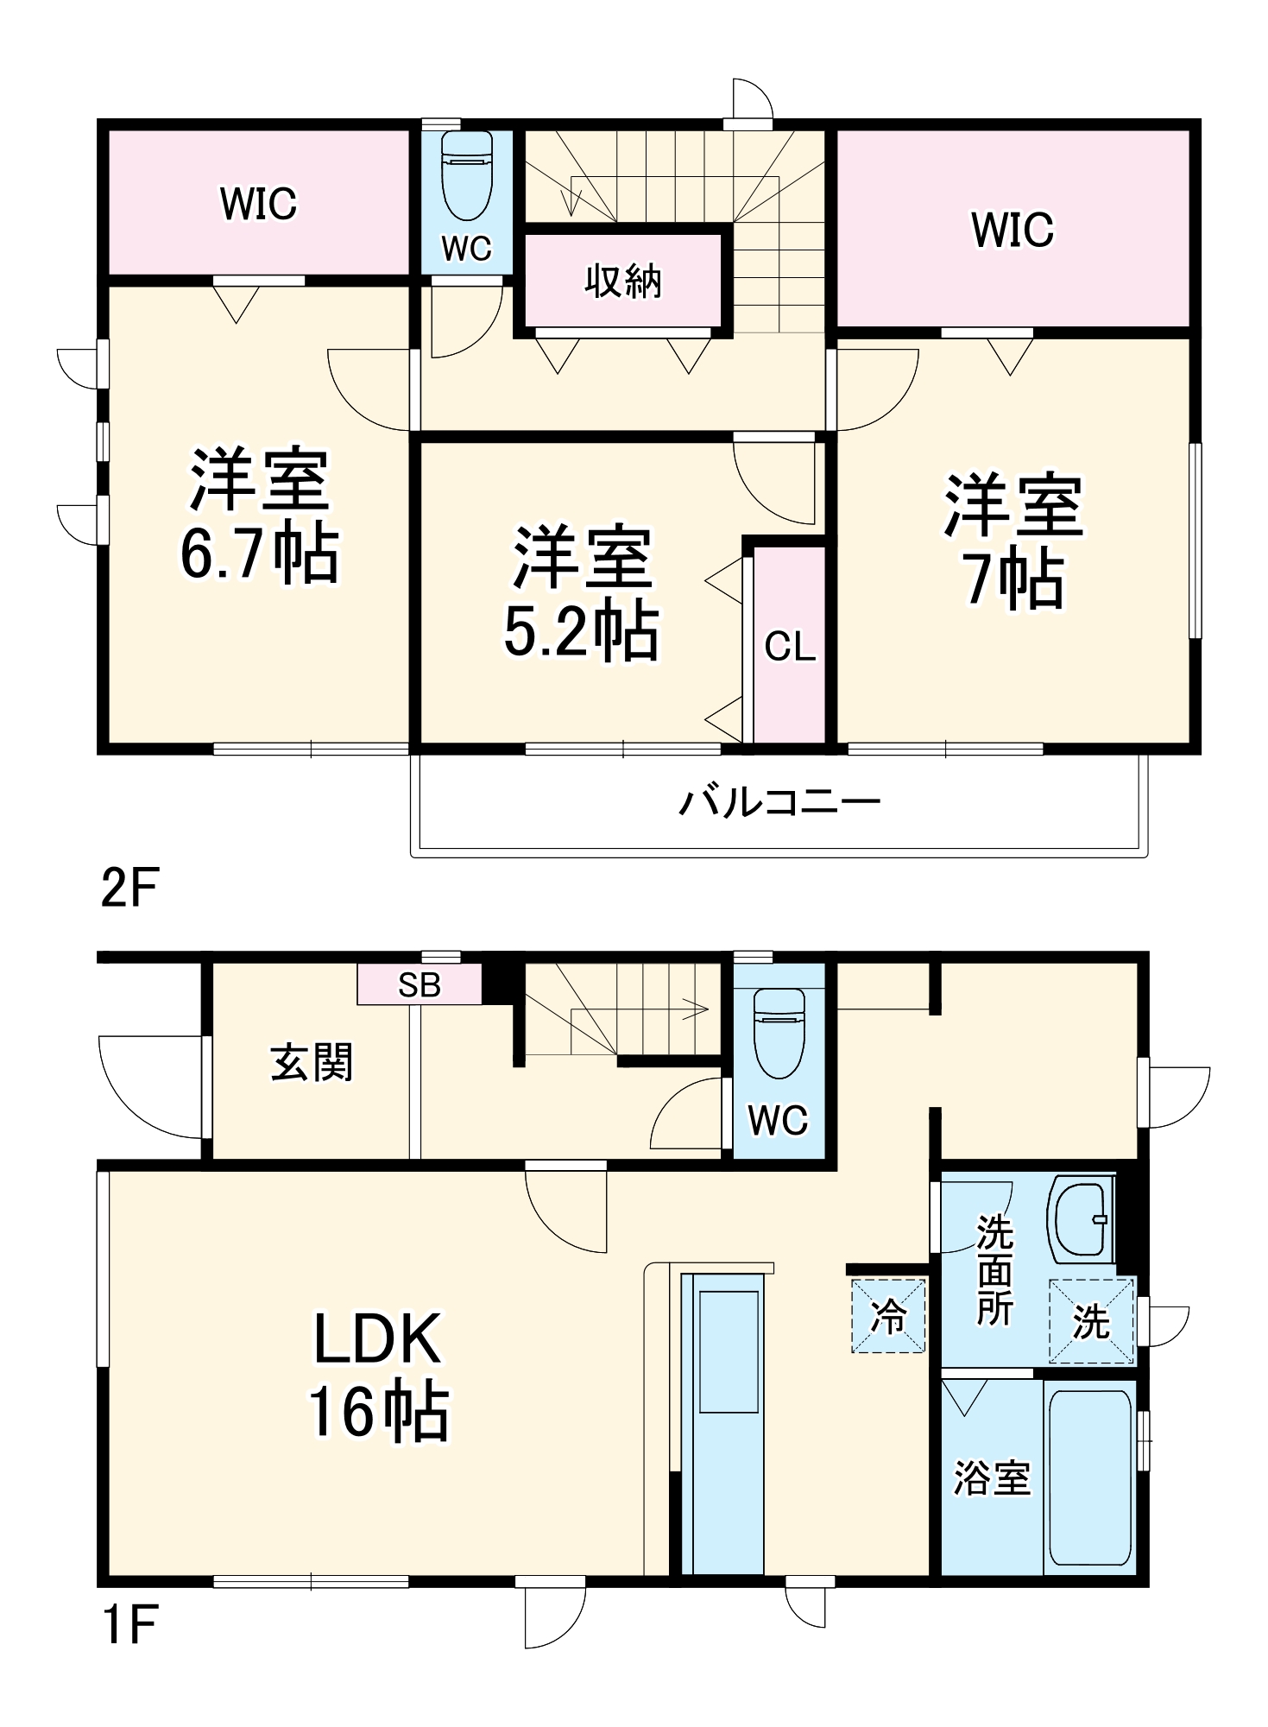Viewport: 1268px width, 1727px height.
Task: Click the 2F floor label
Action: click(129, 887)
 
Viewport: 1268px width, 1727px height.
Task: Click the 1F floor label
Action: click(129, 1624)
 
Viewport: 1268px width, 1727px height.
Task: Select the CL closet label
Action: click(789, 646)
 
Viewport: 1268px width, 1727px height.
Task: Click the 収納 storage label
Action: click(622, 282)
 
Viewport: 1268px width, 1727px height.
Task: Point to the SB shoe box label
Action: click(420, 985)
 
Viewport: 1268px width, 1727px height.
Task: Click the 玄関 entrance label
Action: click(312, 1062)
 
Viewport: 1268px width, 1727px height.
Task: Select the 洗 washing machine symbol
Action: click(1091, 1322)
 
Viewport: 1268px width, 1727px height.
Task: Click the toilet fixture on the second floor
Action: click(467, 175)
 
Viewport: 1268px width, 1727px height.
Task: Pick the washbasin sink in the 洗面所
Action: click(1079, 1218)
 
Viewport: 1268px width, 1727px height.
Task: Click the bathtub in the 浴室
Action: click(1089, 1477)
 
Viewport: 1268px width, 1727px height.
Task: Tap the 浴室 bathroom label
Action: click(991, 1478)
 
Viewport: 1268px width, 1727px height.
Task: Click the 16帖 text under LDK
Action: click(379, 1413)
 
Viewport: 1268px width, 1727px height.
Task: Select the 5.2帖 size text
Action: click(581, 631)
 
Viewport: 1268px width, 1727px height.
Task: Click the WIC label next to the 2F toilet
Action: click(258, 204)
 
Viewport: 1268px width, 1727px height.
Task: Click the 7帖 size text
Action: click(1013, 579)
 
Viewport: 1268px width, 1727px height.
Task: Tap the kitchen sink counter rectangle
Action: click(729, 1352)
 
